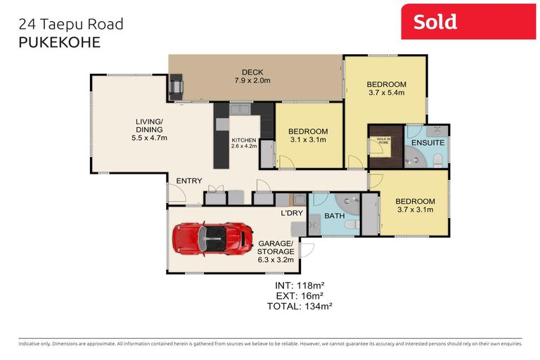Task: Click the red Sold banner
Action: [x=468, y=22]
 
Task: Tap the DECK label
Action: [x=252, y=72]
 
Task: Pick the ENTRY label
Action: [x=189, y=181]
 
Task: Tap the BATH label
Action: [x=334, y=215]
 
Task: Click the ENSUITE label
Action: [x=427, y=143]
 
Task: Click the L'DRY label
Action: [x=291, y=212]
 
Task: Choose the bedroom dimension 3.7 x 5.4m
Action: [x=387, y=91]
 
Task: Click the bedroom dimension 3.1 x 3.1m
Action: [x=307, y=140]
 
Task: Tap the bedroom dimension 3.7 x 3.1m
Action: [x=414, y=209]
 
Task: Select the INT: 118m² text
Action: [x=299, y=285]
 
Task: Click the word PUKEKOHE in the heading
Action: [x=58, y=42]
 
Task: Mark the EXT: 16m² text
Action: [x=299, y=295]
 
